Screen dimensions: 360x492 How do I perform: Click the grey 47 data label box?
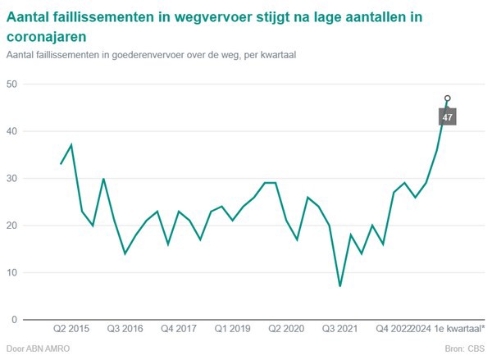447,117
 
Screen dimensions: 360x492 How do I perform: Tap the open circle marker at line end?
447,98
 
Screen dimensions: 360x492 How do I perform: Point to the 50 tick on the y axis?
12,84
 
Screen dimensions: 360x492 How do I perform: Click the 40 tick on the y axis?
12,131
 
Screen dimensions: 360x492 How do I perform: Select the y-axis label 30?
12,179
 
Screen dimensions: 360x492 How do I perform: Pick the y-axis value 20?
12,226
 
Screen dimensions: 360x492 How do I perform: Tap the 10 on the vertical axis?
12,273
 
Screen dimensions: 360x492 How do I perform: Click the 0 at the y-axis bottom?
15,320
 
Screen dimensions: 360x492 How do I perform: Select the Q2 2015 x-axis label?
71,328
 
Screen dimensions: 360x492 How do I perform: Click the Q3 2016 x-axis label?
125,328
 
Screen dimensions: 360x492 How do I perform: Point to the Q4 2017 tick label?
179,328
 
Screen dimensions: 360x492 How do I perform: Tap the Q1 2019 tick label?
232,328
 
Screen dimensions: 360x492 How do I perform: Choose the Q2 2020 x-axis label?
286,328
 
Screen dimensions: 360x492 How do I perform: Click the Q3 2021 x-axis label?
339,328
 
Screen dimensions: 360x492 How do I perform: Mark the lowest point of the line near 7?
339,286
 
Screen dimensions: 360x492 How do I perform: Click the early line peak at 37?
71,145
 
